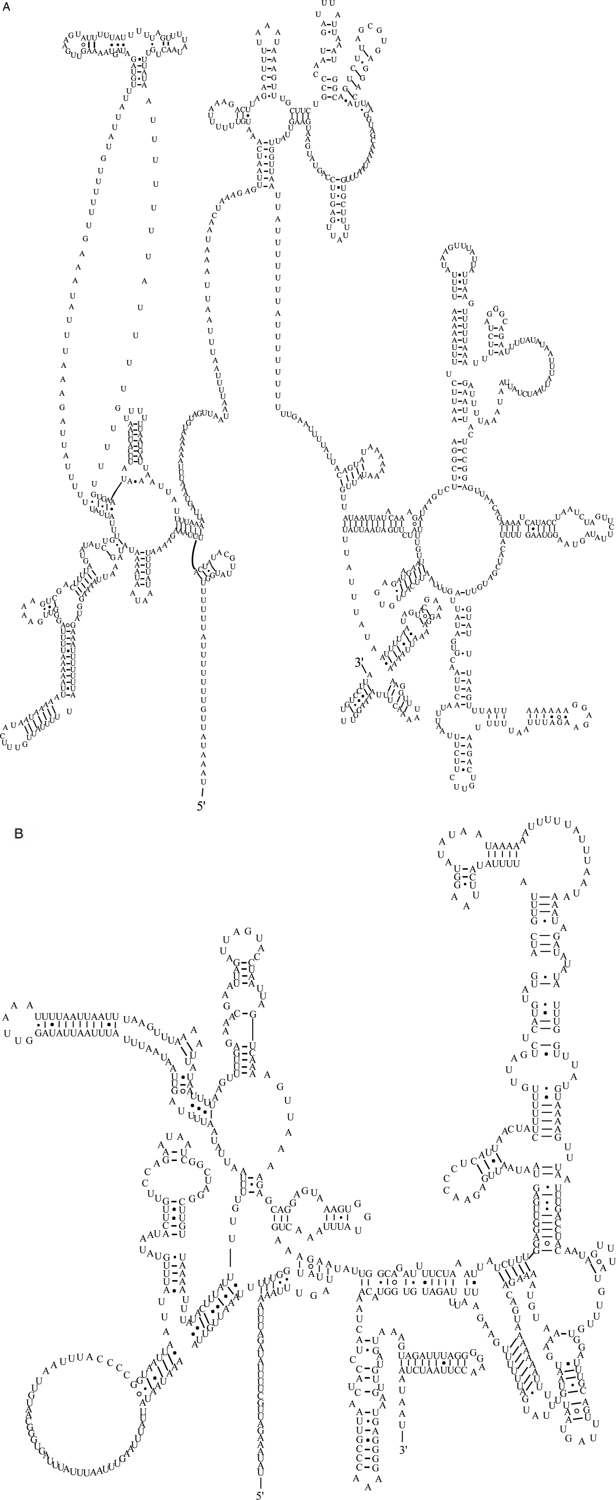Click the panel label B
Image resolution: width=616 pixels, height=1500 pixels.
point(18,833)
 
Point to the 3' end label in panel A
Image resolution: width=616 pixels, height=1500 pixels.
point(359,662)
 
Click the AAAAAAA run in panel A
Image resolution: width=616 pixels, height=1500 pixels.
point(547,711)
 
